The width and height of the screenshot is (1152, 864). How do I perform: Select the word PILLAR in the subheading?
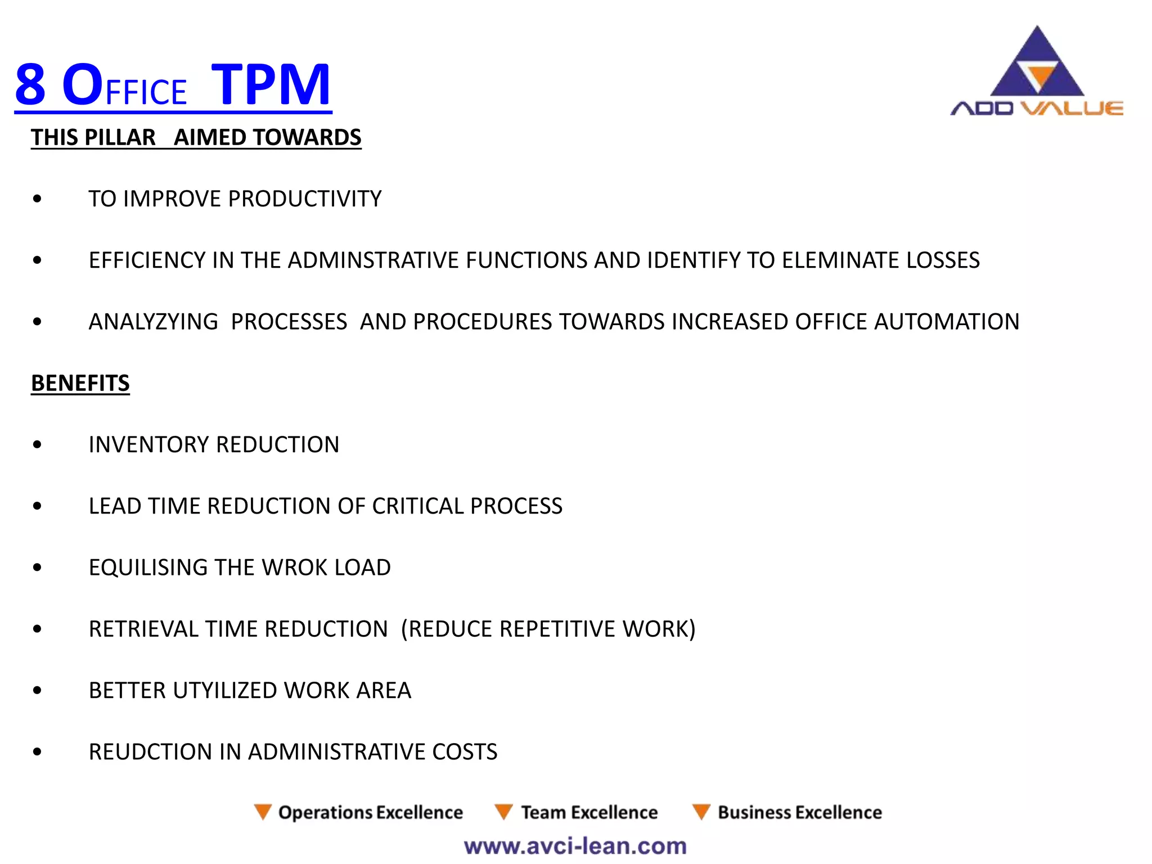pos(119,137)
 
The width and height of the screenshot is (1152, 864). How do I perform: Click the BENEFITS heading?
pos(80,383)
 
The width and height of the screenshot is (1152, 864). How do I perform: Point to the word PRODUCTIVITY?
pos(305,199)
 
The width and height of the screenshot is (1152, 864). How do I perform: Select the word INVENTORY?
pos(148,444)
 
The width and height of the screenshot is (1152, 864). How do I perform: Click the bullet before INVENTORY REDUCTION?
pos(38,444)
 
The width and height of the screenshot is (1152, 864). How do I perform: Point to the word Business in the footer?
pos(754,812)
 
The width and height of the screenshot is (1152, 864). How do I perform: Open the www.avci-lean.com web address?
pos(575,846)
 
